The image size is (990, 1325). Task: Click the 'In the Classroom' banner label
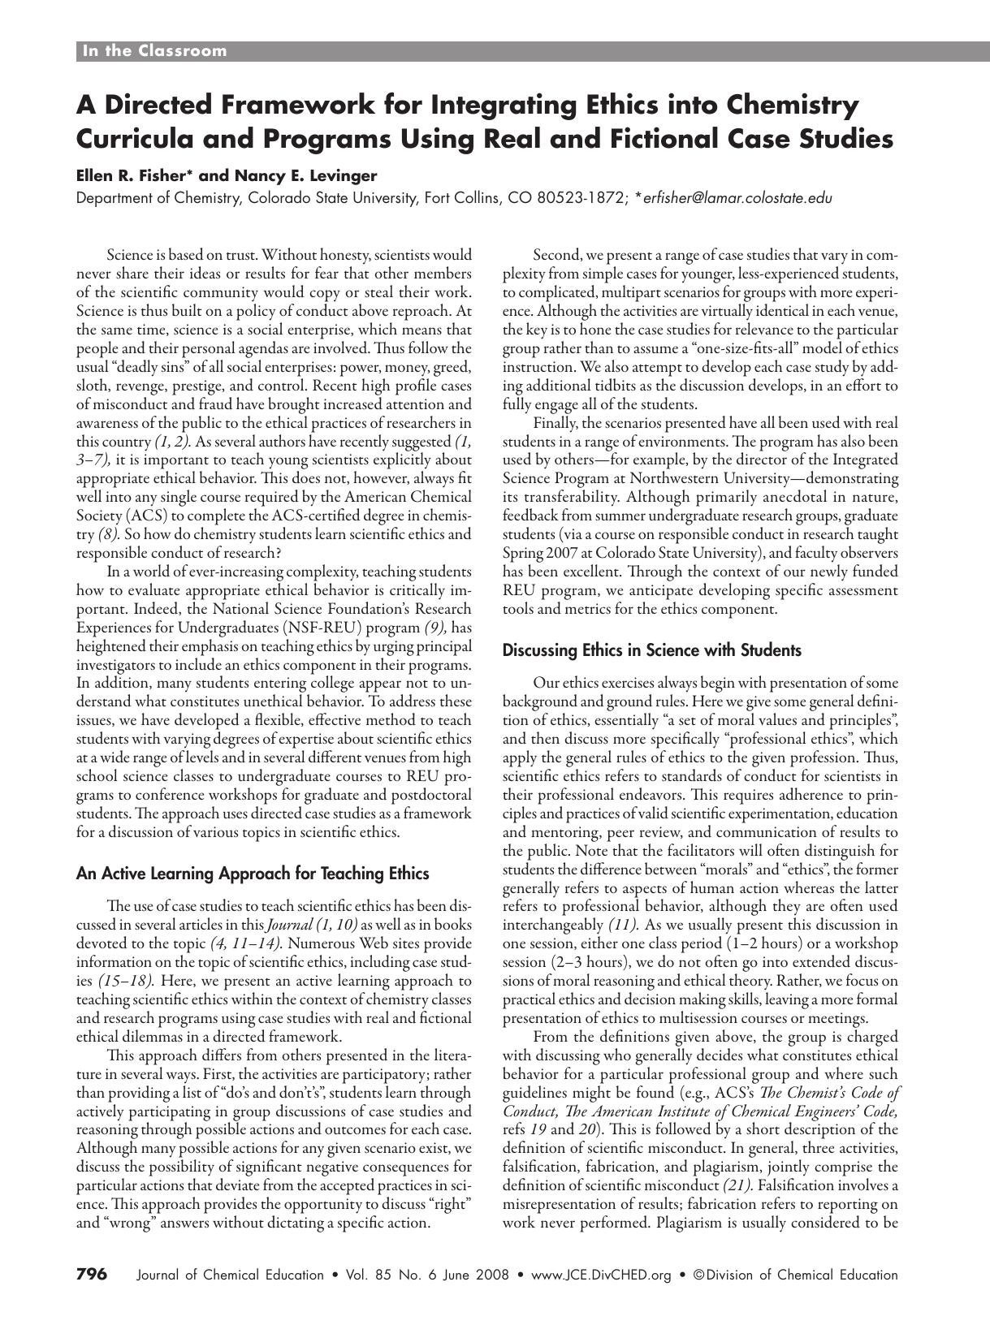pos(154,51)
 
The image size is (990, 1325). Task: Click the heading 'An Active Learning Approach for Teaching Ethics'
pos(252,874)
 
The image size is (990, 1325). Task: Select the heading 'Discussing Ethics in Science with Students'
pos(651,650)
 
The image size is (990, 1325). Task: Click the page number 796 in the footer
pos(91,1275)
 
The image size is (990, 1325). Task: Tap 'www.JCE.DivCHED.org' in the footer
pos(600,1275)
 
